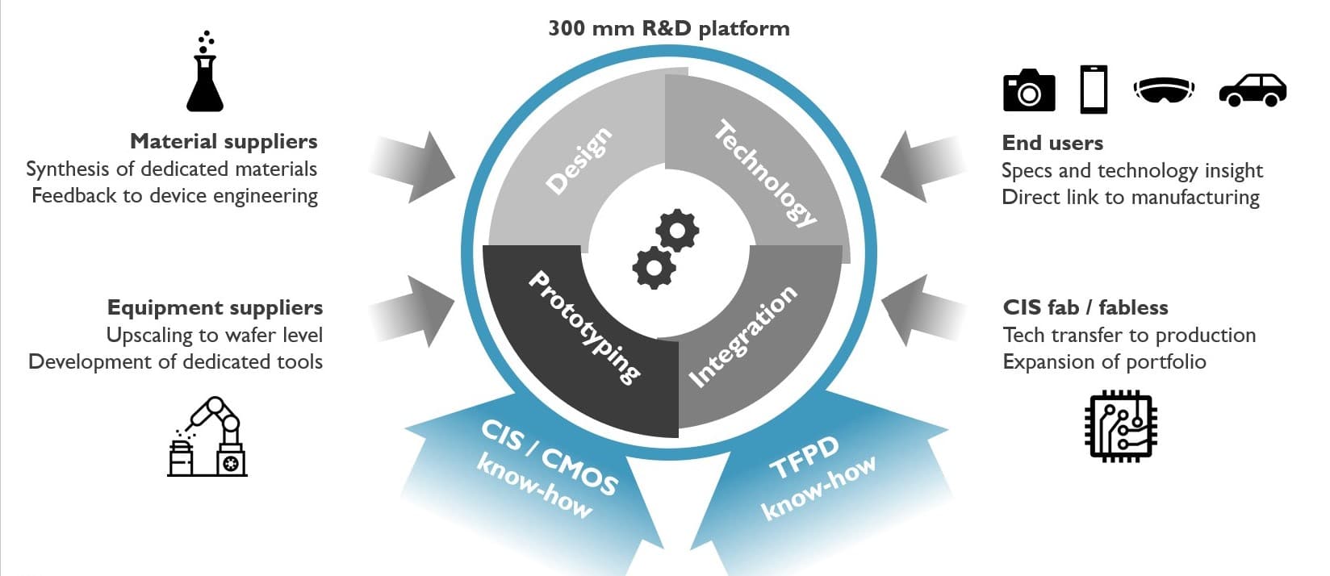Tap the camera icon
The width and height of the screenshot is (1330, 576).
coord(1028,90)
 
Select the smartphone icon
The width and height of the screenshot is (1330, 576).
coord(1094,90)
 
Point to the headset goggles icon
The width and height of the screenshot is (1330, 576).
coord(1164,89)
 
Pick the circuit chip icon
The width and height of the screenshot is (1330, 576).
coord(1121,426)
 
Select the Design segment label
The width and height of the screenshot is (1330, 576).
coord(578,161)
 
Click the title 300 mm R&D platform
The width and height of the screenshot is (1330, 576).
coord(668,28)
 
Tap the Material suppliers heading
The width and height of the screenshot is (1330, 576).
coord(224,141)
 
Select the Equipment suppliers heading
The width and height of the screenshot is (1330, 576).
coord(215,307)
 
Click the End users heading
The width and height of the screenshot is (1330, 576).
coord(1052,143)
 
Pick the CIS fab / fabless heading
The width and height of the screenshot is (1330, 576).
coord(1085,307)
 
